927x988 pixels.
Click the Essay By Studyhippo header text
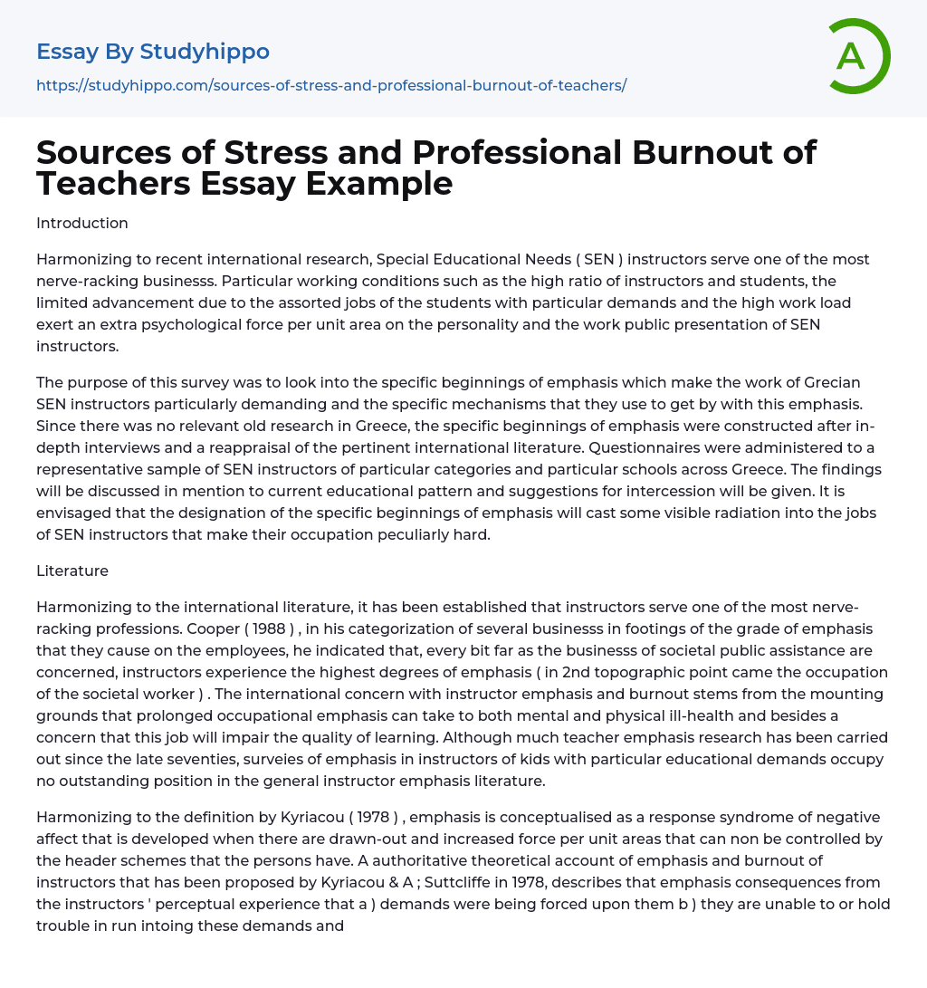[x=153, y=52]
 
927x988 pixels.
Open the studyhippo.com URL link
[x=331, y=85]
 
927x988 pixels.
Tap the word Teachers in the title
[x=109, y=183]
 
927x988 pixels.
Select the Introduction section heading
[x=82, y=223]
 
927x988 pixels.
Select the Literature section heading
[x=72, y=571]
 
